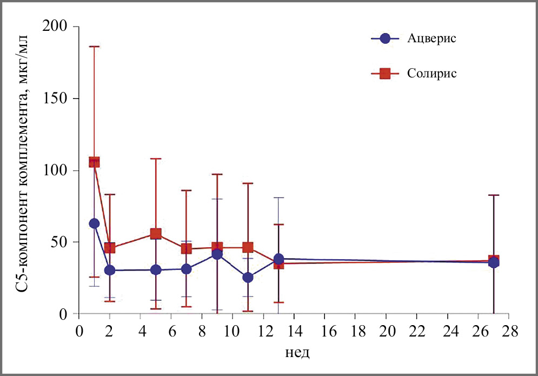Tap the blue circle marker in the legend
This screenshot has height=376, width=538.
385,39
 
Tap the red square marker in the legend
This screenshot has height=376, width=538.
385,74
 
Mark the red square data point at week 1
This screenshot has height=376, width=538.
94,162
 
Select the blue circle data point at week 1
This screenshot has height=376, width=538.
94,223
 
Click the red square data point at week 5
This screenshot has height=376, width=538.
156,234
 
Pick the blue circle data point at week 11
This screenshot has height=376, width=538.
248,278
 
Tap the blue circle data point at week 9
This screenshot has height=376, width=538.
217,254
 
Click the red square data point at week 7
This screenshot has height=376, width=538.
187,248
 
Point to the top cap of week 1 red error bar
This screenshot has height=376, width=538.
94,47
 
